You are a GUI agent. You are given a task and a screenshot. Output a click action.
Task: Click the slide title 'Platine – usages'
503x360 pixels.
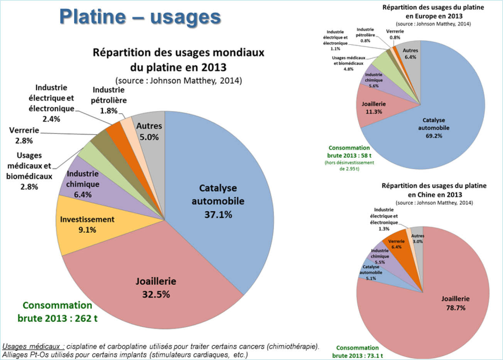140,17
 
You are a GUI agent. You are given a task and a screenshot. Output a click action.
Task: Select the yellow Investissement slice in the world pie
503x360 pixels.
87,225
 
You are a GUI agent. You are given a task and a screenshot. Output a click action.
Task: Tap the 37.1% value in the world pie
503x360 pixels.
218,215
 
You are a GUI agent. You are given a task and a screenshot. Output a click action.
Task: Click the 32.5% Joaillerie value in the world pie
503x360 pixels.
156,294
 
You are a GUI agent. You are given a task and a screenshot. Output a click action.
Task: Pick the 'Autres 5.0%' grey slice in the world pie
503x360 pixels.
149,131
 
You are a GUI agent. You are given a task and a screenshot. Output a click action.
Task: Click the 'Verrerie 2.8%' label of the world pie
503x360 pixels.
24,135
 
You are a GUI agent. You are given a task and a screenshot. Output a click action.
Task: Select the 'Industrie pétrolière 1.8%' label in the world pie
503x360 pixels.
109,100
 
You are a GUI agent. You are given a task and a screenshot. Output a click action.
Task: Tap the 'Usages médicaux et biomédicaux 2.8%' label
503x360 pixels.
29,171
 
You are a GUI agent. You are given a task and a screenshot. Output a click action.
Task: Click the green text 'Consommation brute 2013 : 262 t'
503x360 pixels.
57,312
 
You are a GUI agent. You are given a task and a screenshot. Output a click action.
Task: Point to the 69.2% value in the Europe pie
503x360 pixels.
434,136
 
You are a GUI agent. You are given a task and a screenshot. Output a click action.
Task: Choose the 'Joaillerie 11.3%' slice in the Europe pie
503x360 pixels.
373,108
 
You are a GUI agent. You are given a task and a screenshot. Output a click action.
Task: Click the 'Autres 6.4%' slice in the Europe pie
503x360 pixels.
410,54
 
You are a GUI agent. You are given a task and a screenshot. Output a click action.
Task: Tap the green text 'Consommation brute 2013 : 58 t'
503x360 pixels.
349,151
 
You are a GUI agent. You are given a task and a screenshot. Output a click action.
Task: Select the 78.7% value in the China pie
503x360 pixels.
455,308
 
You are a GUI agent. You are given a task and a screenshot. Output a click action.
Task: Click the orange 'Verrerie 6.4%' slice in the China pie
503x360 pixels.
396,244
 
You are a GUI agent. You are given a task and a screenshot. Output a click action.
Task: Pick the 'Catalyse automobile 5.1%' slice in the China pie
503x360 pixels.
371,272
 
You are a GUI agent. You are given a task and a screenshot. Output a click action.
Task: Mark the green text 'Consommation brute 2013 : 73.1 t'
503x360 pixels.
357,352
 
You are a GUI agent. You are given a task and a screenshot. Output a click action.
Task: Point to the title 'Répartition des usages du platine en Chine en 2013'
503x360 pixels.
434,190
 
